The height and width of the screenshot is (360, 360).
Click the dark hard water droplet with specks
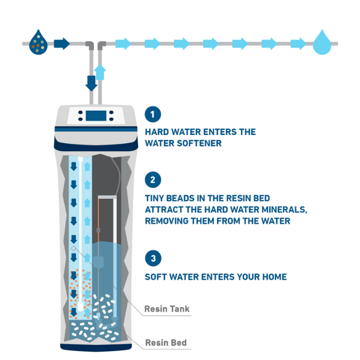pyautogui.click(x=38, y=43)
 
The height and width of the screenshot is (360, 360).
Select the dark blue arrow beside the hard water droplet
pyautogui.click(x=61, y=43)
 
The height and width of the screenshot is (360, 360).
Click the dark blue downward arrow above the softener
pyautogui.click(x=91, y=83)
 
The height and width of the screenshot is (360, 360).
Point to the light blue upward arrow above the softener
pyautogui.click(x=100, y=72)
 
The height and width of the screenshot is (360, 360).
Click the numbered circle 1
pyautogui.click(x=153, y=114)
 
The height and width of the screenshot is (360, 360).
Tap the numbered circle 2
pyautogui.click(x=153, y=180)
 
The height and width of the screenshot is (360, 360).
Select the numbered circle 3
pyautogui.click(x=153, y=258)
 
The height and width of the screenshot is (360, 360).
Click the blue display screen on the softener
pyautogui.click(x=96, y=116)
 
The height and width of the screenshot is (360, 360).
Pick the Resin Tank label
pyautogui.click(x=167, y=309)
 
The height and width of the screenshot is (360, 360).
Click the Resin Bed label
pyautogui.click(x=166, y=342)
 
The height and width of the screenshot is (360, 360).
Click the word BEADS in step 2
pyautogui.click(x=180, y=198)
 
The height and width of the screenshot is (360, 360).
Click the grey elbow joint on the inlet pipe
pyautogui.click(x=90, y=45)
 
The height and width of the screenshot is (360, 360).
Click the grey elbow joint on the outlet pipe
pyautogui.click(x=102, y=45)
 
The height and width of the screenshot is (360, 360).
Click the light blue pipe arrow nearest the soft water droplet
pyautogui.click(x=298, y=44)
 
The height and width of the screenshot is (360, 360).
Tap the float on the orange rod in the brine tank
pyautogui.click(x=98, y=262)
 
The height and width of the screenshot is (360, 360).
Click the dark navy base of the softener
pyautogui.click(x=96, y=347)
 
